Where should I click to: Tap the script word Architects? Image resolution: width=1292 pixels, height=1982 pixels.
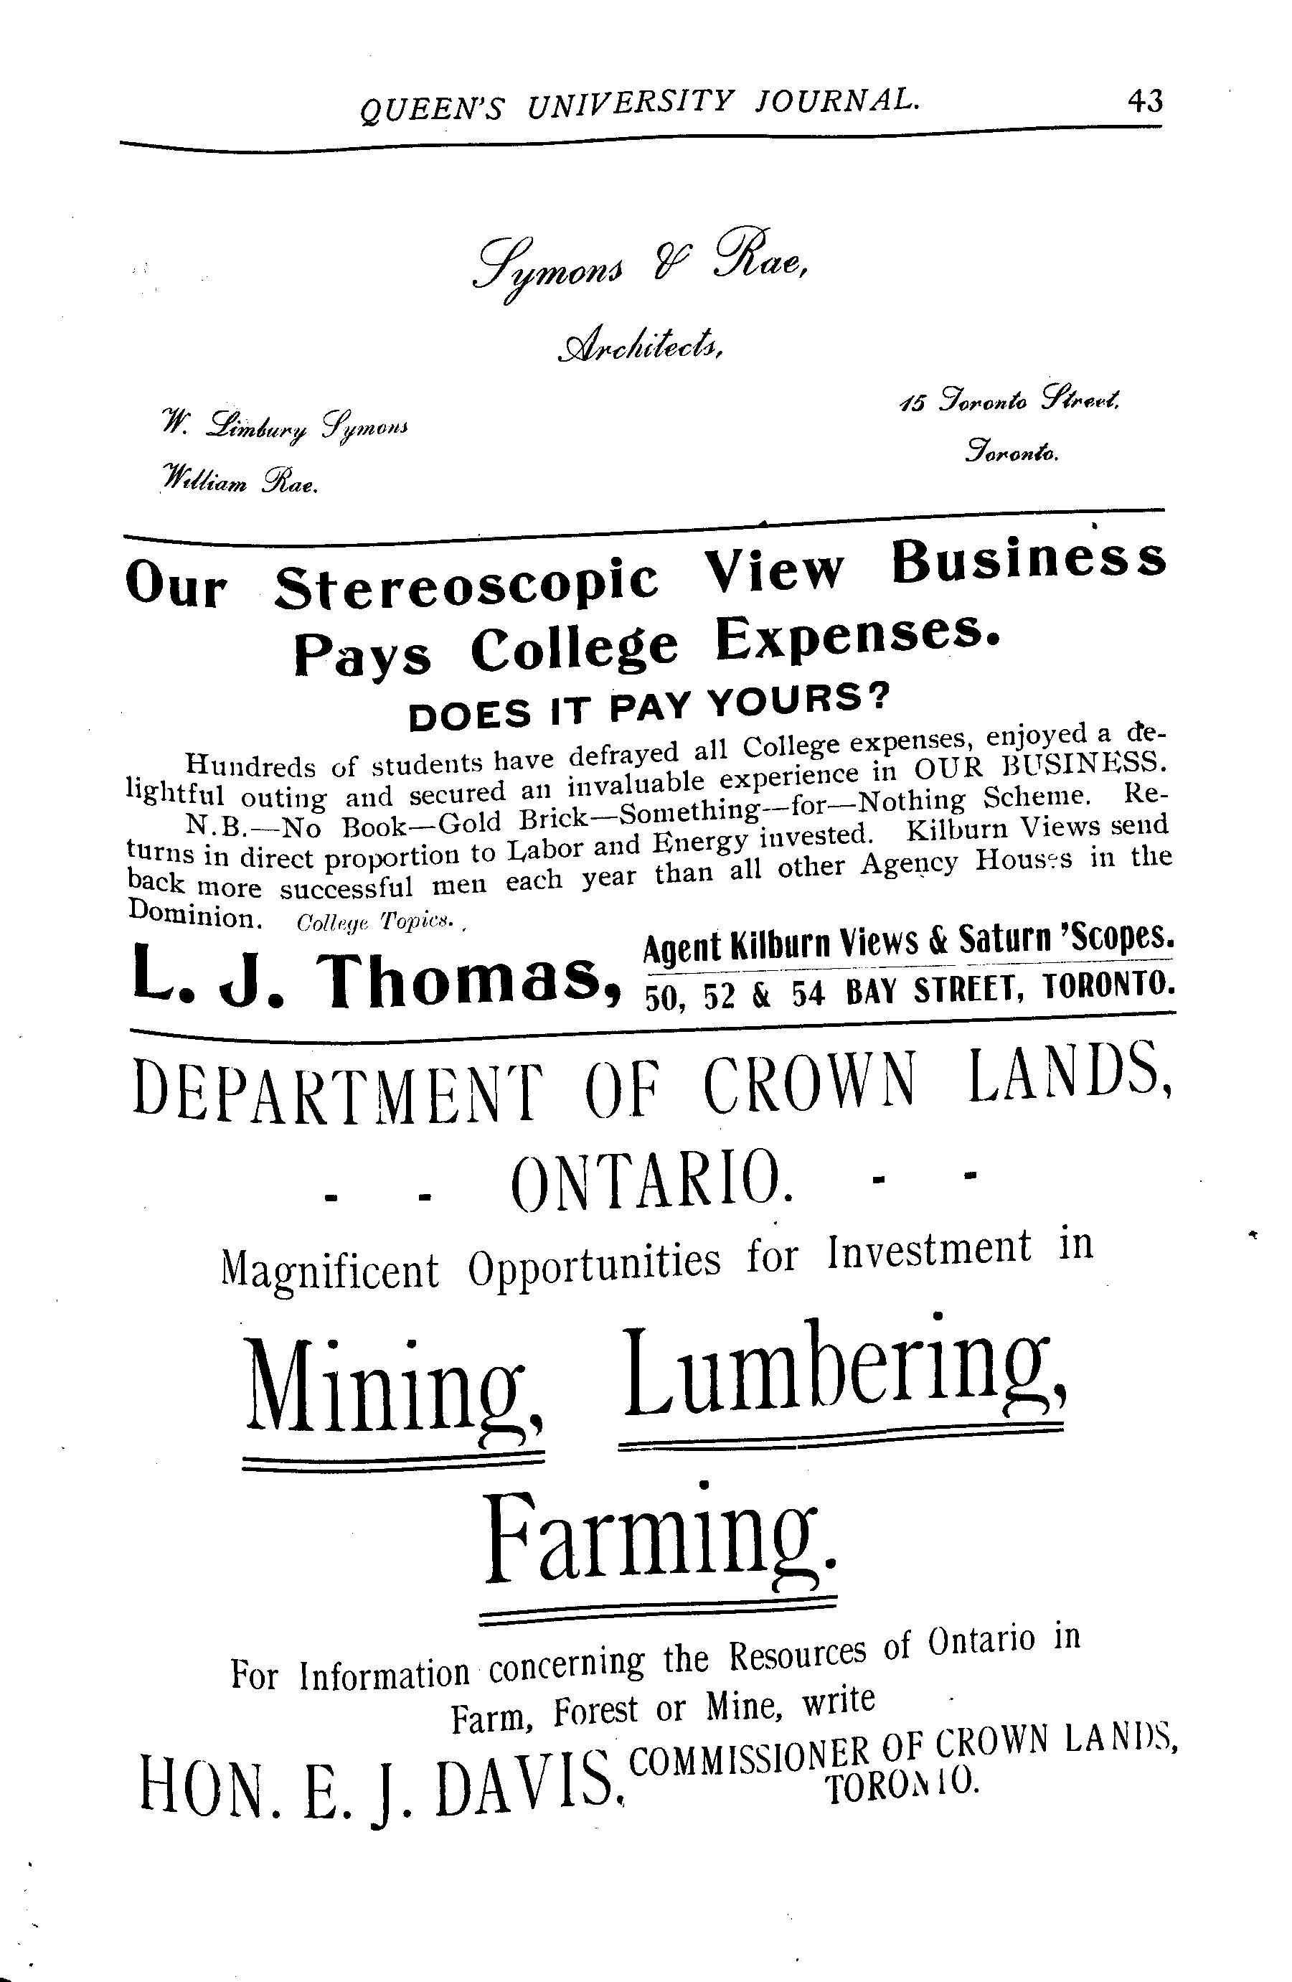(x=641, y=344)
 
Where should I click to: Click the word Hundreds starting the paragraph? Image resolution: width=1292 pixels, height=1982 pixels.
(x=243, y=763)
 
